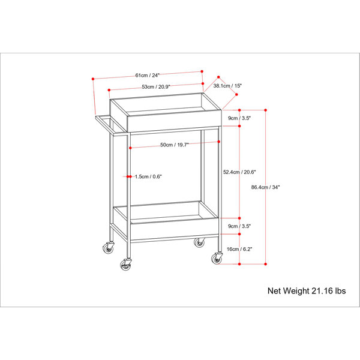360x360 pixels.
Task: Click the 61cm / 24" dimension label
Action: click(x=147, y=75)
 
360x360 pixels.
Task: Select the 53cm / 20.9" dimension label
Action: click(x=156, y=86)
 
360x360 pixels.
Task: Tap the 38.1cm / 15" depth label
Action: click(x=227, y=86)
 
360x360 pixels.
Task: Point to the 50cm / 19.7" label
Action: click(x=175, y=145)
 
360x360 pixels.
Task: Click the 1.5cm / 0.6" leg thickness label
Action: click(x=148, y=176)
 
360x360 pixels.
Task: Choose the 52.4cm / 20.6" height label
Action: click(x=239, y=172)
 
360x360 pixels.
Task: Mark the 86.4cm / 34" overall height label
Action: click(x=265, y=187)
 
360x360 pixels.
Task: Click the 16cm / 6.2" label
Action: click(x=239, y=249)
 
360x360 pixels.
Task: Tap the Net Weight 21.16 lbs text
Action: click(x=307, y=291)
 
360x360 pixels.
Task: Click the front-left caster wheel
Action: click(x=125, y=265)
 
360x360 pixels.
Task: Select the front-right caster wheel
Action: click(x=217, y=259)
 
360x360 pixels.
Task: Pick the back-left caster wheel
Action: click(x=109, y=248)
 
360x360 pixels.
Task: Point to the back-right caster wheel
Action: click(x=199, y=242)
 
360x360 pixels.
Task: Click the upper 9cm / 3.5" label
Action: click(x=239, y=118)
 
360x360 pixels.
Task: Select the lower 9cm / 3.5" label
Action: click(x=239, y=226)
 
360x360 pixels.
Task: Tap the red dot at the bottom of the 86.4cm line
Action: click(x=266, y=264)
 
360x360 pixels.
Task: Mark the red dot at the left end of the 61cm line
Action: click(x=93, y=79)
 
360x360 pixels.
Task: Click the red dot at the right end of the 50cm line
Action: click(x=219, y=142)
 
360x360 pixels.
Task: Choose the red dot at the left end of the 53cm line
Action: click(x=109, y=90)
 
